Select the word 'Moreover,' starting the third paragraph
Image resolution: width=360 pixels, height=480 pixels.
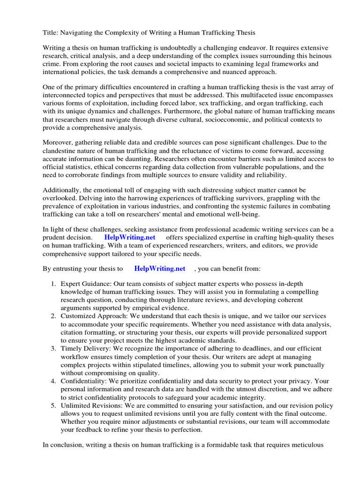tap(58, 142)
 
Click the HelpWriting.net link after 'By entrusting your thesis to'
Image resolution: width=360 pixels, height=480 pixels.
tap(160, 269)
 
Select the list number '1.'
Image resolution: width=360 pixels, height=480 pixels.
tap(53, 284)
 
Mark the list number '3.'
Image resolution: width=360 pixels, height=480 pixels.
tap(53, 348)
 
